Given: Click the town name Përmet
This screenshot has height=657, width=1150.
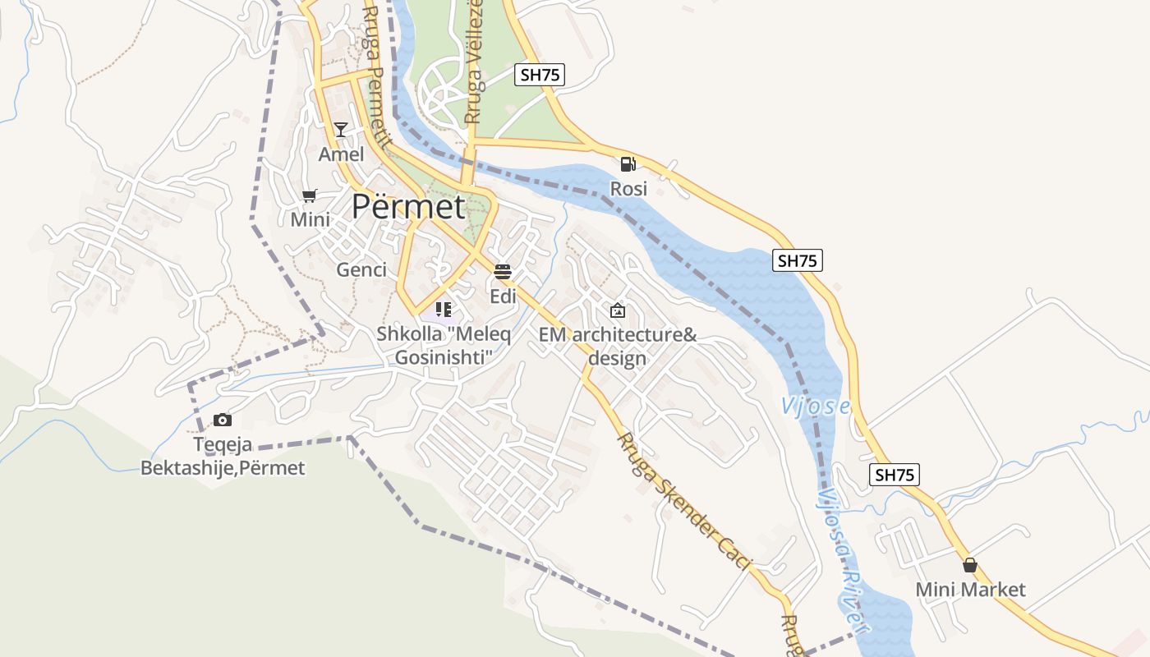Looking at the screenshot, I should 408,206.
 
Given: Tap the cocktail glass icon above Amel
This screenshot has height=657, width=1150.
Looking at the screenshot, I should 341,130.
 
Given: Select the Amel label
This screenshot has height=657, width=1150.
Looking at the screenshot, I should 341,154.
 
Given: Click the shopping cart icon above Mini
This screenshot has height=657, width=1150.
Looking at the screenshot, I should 310,195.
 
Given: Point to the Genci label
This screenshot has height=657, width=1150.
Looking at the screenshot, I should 361,269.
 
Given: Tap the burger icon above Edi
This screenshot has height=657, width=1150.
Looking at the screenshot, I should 503,272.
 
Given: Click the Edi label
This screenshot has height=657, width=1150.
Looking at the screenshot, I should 503,296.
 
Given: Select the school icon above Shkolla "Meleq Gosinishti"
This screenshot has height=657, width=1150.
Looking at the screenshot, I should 444,310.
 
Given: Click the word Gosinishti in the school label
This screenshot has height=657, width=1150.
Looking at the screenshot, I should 444,357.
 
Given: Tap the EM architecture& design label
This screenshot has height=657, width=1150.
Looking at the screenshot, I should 617,347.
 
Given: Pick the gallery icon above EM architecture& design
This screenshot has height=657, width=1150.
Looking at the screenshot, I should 617,310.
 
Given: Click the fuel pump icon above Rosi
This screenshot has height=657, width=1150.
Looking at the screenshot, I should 628,164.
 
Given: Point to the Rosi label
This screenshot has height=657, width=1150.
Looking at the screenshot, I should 628,189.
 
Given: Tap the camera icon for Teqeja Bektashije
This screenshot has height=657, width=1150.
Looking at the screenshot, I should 222,420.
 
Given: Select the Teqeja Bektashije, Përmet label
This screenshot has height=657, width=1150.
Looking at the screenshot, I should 223,457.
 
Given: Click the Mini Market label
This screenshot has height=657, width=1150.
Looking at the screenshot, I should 970,590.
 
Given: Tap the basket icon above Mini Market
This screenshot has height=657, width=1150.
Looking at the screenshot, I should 970,565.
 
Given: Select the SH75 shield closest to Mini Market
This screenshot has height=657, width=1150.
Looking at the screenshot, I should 895,475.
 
